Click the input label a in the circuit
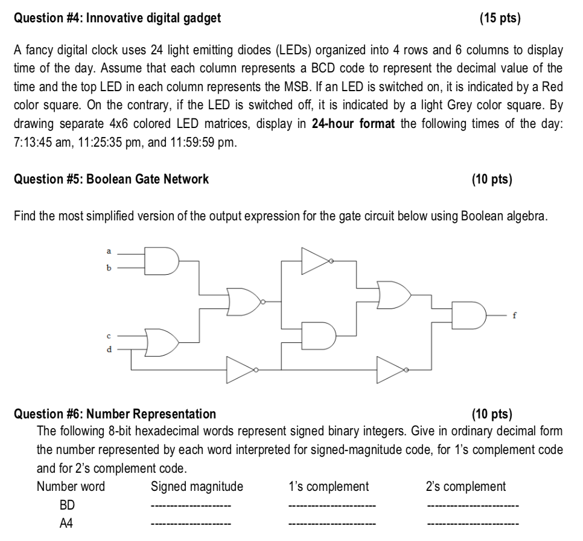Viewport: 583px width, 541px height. (x=109, y=251)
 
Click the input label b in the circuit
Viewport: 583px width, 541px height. (x=109, y=267)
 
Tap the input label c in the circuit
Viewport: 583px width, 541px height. (x=109, y=336)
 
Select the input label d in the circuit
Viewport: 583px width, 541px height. (x=109, y=349)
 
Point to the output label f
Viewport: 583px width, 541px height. (x=515, y=315)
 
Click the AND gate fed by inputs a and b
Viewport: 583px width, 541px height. (x=161, y=261)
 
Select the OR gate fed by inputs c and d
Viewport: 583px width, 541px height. (x=161, y=342)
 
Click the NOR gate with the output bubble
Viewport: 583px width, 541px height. (x=246, y=302)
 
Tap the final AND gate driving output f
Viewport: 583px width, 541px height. (x=469, y=316)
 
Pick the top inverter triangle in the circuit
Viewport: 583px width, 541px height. (x=316, y=261)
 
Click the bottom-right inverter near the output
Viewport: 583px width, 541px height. (x=392, y=370)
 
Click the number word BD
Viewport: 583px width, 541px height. (x=68, y=505)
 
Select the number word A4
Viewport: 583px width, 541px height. (x=66, y=523)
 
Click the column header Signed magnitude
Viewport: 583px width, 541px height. (x=197, y=487)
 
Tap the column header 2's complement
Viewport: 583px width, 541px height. (x=466, y=486)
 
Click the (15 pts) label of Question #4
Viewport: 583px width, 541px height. (x=500, y=18)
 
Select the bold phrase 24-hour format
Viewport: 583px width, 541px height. (x=353, y=124)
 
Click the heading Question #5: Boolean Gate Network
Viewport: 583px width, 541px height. (x=111, y=179)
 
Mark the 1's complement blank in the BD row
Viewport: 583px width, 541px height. (x=332, y=505)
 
